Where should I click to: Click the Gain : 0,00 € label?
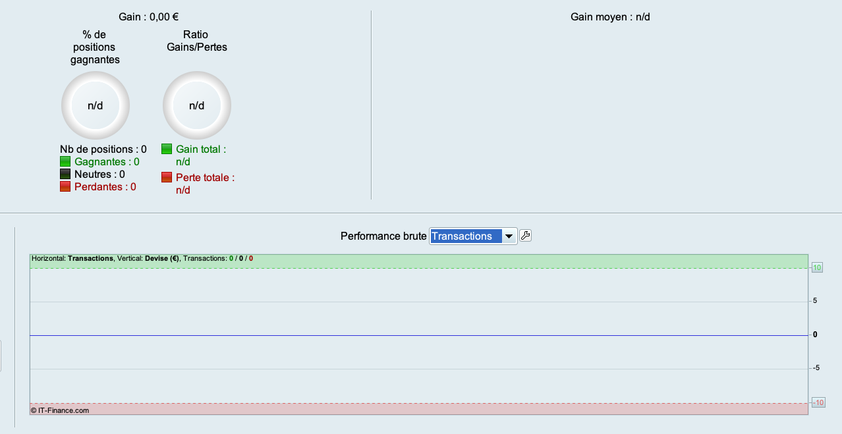pos(148,16)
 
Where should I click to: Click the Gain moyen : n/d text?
pos(610,16)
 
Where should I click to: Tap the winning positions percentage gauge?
pos(96,105)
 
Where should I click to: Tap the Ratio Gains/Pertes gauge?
pos(197,105)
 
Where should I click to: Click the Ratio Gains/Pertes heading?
pos(197,41)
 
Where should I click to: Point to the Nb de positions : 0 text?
pos(103,149)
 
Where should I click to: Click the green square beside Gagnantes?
pos(65,162)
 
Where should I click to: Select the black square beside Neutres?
pos(65,175)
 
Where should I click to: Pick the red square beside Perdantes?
pos(65,187)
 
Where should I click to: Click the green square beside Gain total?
pos(167,149)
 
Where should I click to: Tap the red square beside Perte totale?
pos(167,178)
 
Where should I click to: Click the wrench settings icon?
pos(525,236)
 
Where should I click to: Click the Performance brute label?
pos(383,236)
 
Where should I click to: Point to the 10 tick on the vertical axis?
pos(817,268)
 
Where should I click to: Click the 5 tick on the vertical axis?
pos(815,301)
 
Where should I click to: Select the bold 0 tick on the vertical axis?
pos(815,335)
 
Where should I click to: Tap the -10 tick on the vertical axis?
pos(818,402)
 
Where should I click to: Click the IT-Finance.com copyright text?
pos(60,410)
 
